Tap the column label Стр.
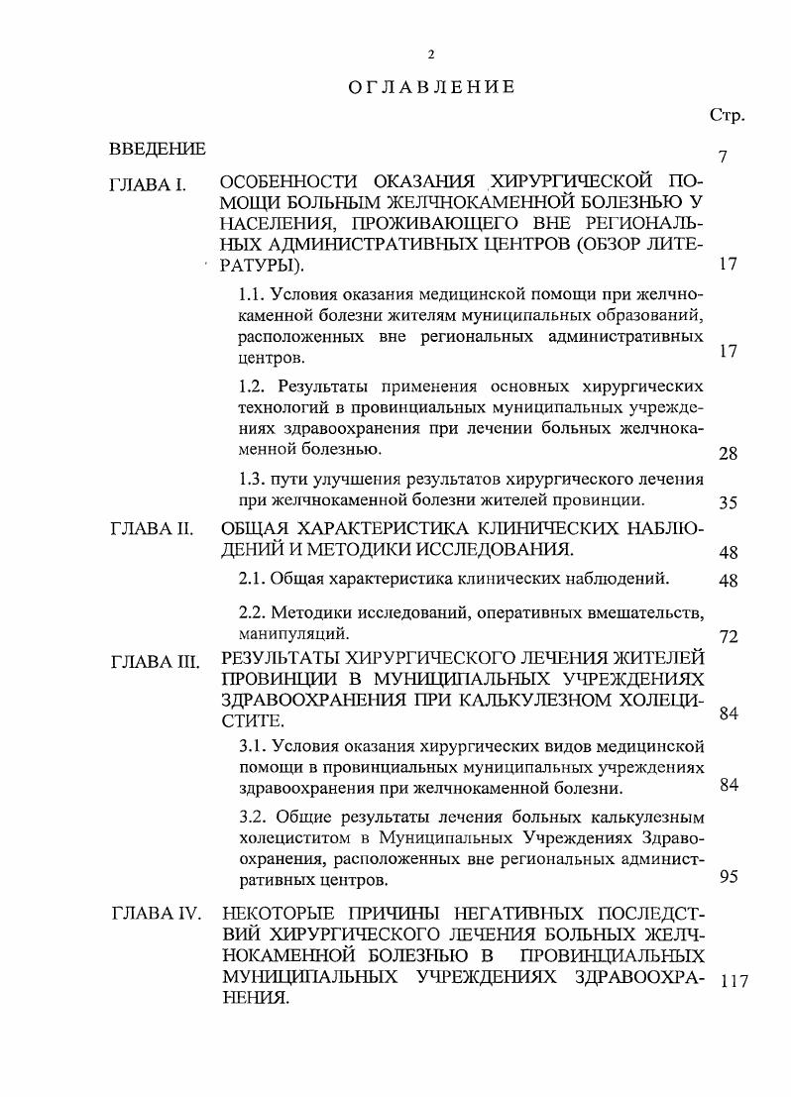[727, 116]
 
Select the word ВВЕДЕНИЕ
[158, 150]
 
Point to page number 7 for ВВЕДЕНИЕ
[725, 158]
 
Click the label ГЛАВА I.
[150, 185]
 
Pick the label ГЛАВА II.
[151, 528]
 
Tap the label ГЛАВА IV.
[157, 913]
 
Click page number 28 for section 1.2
[728, 454]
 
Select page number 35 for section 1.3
[728, 502]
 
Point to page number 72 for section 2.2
[728, 636]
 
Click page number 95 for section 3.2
[728, 877]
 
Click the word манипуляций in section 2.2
[291, 631]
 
